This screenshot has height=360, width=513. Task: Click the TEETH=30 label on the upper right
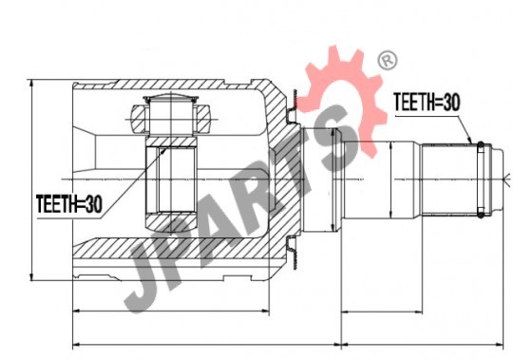tap(427, 102)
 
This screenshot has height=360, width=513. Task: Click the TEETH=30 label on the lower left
tap(69, 204)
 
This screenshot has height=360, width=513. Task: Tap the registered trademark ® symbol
tap(388, 61)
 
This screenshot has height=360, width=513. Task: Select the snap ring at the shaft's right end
tap(481, 180)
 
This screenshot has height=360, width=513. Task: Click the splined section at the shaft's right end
tap(449, 180)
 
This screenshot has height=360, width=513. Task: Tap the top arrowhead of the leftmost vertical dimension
tap(31, 84)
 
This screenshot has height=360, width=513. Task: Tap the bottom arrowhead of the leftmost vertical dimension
tap(31, 276)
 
